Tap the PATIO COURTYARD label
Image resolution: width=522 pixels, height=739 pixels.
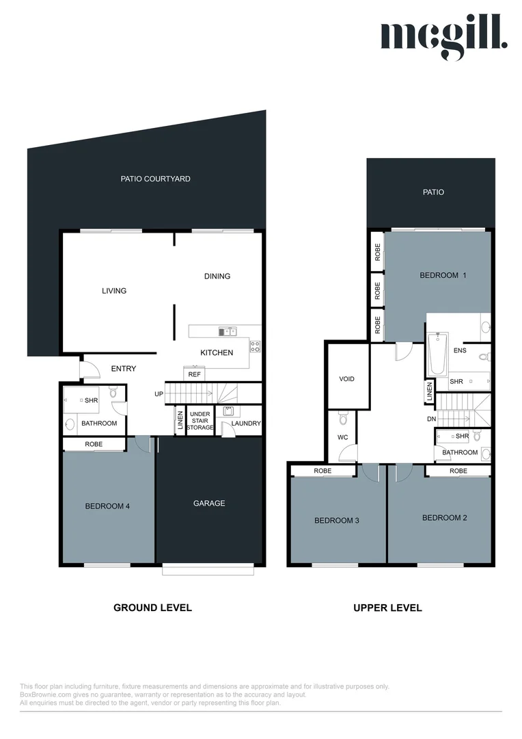[155, 179]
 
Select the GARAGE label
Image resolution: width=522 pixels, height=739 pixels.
[209, 504]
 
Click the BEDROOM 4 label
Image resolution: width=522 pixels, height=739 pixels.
[107, 506]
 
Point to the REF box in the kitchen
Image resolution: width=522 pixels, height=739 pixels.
[195, 374]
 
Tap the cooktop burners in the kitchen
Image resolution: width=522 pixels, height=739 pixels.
[255, 346]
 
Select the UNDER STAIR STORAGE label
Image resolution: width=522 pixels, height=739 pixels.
[200, 421]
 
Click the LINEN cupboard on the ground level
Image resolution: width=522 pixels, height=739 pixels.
[180, 420]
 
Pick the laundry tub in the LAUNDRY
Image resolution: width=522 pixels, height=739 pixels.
[228, 411]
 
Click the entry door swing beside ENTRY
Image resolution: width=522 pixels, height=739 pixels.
[90, 369]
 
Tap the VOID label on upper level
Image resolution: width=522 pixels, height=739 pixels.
[346, 379]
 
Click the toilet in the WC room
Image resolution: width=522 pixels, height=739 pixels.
[343, 417]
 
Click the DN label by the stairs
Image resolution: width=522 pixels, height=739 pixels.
[431, 419]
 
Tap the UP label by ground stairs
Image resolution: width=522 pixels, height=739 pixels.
[159, 394]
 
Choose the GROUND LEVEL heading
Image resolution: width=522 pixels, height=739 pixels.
[152, 608]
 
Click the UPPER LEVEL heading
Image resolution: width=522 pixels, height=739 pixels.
[387, 608]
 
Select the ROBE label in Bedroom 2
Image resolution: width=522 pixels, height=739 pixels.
[458, 471]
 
